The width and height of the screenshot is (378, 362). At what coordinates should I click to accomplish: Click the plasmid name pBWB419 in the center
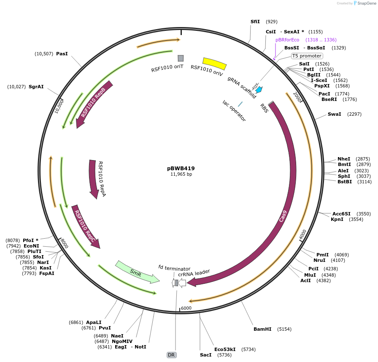coord(181,168)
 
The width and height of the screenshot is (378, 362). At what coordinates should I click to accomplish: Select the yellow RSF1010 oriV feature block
coord(214,63)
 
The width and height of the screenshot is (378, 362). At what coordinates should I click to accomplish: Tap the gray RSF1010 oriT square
coord(181,58)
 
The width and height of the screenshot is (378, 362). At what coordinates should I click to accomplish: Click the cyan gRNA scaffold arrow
coord(259,90)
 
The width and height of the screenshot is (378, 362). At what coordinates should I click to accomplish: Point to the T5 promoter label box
coord(307,56)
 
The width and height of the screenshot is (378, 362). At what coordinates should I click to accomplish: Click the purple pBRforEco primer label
coord(287,40)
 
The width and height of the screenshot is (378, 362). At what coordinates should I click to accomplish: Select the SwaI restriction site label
coord(334,114)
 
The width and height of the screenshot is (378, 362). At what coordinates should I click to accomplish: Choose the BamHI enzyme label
coord(262,329)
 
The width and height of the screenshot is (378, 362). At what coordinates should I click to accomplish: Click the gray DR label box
coord(171,355)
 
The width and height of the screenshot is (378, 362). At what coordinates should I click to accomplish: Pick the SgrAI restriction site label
coord(36,87)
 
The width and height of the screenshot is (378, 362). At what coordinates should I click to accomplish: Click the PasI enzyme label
coord(62,54)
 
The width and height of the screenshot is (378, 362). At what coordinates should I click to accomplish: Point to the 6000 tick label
coord(186,308)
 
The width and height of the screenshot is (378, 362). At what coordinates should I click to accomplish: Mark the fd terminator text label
coord(174,268)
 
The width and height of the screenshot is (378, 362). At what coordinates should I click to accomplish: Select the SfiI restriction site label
coord(255,21)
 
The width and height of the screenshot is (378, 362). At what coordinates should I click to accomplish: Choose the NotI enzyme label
coord(140,347)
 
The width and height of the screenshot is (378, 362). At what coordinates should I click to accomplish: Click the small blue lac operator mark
coord(240,104)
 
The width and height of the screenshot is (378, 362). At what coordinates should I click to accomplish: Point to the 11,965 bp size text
coord(181,174)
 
